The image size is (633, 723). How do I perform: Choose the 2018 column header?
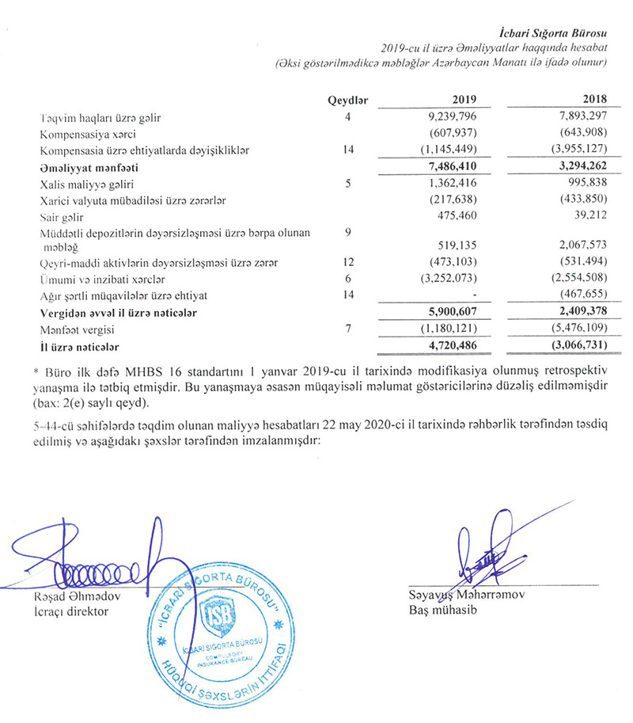click(593, 101)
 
